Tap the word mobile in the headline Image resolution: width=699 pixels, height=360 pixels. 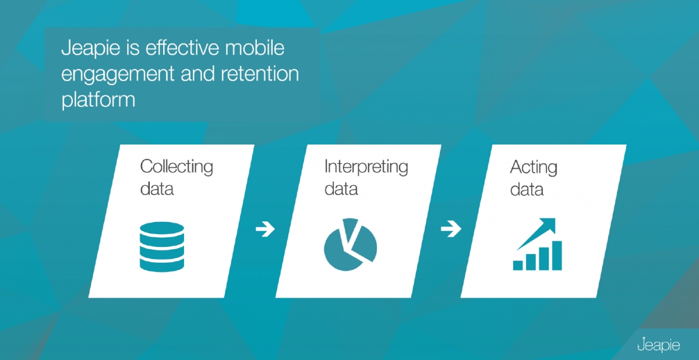255,47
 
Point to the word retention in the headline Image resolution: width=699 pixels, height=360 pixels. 260,73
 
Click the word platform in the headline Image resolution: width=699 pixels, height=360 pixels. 98,100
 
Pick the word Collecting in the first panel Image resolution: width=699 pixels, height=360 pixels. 176,167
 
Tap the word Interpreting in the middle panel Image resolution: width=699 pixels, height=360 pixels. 366,167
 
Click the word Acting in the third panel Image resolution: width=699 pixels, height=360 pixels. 534,168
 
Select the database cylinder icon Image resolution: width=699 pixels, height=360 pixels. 162,247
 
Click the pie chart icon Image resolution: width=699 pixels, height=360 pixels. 350,245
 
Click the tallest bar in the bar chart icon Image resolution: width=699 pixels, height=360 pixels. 557,256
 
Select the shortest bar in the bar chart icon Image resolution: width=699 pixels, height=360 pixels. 518,266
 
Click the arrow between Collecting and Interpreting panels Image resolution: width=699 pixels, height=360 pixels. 265,229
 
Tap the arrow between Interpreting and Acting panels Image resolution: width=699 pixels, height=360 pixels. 451,229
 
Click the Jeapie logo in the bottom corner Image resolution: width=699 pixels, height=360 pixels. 658,345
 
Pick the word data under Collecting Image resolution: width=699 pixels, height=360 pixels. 157,189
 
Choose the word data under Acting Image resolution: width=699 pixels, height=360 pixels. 527,189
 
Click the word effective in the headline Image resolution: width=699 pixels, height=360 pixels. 182,47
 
